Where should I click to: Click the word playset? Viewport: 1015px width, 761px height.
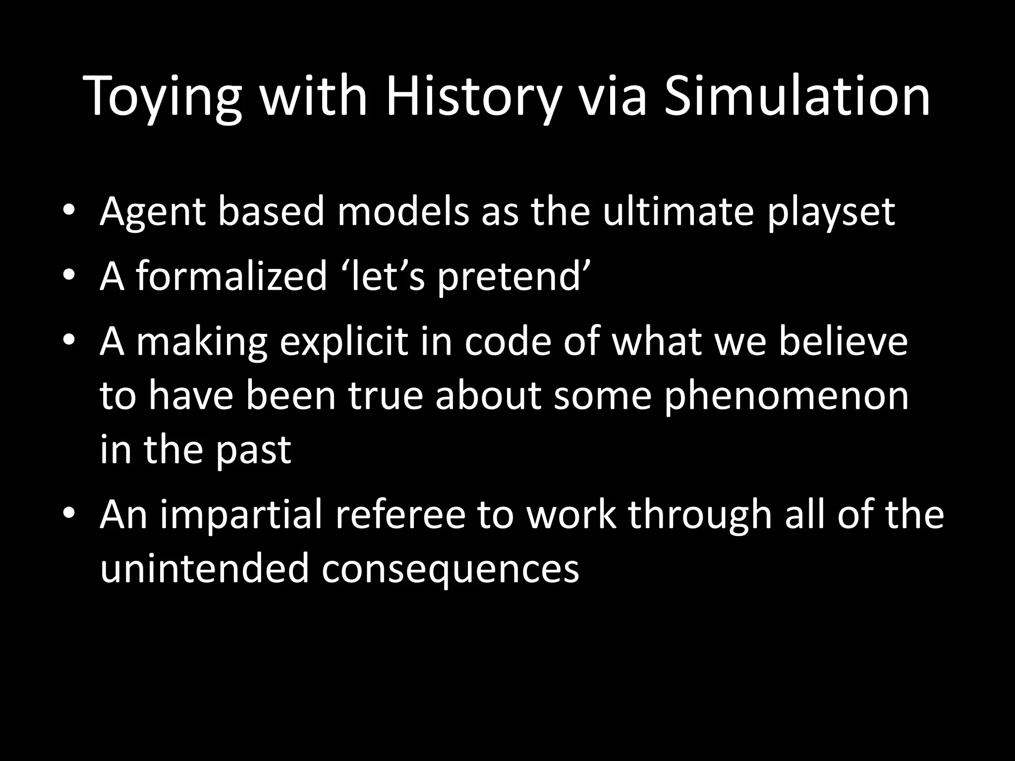click(x=831, y=213)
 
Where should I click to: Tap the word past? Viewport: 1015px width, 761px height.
click(x=253, y=451)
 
